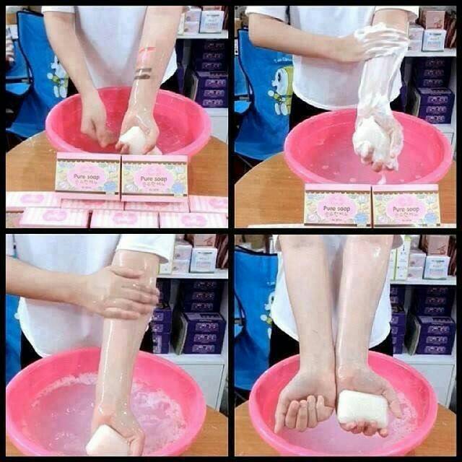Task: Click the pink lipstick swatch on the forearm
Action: pyautogui.click(x=147, y=52)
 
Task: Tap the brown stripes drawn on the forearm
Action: pyautogui.click(x=144, y=73)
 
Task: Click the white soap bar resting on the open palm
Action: pyautogui.click(x=362, y=407)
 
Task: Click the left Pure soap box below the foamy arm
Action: pyautogui.click(x=337, y=205)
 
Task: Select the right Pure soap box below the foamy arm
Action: pyautogui.click(x=406, y=206)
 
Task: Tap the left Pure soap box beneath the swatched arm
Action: pyautogui.click(x=87, y=175)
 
